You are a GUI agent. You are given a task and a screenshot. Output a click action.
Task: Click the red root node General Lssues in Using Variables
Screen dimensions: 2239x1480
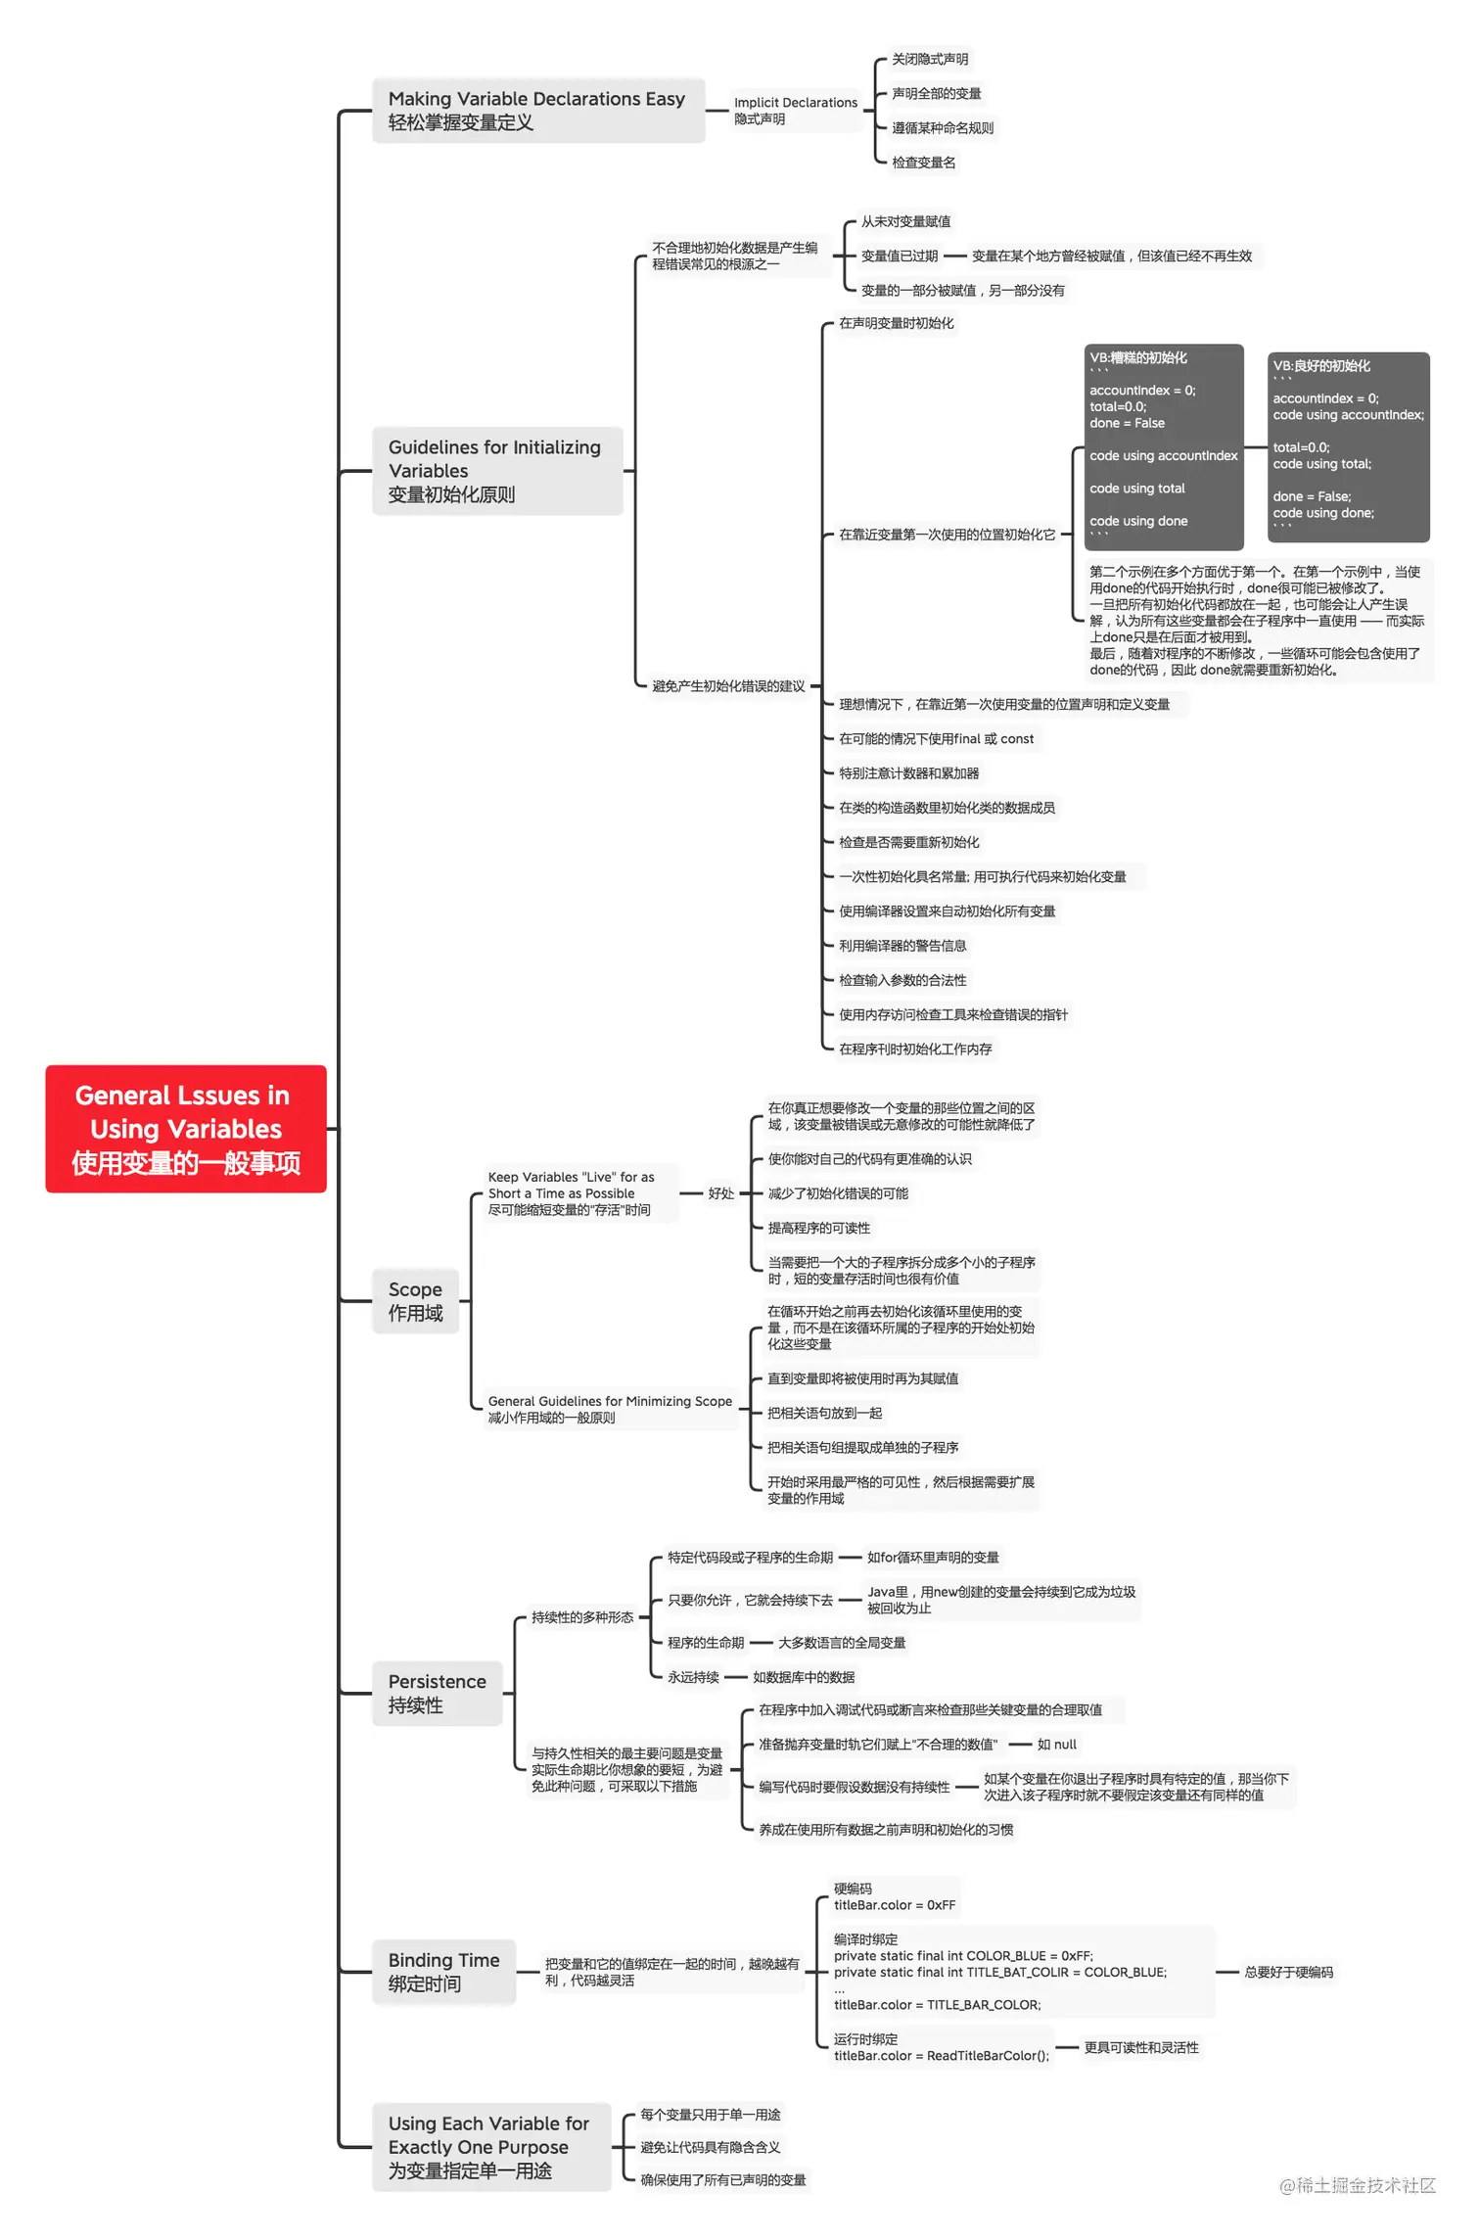(186, 1128)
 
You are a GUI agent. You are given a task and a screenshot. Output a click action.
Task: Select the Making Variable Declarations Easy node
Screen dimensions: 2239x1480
(537, 111)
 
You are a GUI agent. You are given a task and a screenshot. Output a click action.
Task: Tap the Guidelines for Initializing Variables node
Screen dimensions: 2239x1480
(496, 471)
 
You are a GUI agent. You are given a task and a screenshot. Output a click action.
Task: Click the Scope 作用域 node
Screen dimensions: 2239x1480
(415, 1301)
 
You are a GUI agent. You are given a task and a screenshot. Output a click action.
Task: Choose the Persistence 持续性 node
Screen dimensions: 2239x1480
(437, 1693)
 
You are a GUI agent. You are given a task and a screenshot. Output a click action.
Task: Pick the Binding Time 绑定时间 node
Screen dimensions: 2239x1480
(443, 1972)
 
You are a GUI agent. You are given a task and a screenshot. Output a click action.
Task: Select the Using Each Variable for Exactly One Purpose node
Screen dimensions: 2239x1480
(489, 2147)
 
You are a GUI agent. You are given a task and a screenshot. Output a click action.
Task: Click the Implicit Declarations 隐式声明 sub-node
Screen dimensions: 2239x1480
(795, 111)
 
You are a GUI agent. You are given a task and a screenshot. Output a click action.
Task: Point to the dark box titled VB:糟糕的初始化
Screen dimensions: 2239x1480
(1163, 446)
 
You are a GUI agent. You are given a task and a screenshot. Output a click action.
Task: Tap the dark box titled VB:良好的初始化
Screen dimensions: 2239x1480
(1348, 447)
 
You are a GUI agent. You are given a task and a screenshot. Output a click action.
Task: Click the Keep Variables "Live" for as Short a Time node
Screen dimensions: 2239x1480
(571, 1193)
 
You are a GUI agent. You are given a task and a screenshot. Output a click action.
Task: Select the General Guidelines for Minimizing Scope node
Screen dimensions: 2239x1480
(610, 1409)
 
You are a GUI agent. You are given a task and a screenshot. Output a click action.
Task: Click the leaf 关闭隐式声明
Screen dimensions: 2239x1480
(929, 60)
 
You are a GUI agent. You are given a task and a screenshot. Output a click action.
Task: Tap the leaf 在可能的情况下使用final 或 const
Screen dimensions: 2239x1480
(936, 739)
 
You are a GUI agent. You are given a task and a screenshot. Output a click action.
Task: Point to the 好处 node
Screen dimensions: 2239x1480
(720, 1193)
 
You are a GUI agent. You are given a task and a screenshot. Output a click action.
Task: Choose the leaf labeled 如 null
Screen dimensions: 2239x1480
(1056, 1745)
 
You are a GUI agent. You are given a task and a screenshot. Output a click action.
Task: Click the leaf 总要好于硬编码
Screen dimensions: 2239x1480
(1288, 1973)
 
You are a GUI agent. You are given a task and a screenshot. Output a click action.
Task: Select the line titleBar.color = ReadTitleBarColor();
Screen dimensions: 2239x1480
(941, 2056)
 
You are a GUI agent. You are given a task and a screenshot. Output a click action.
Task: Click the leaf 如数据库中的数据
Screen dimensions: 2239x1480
(804, 1677)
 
